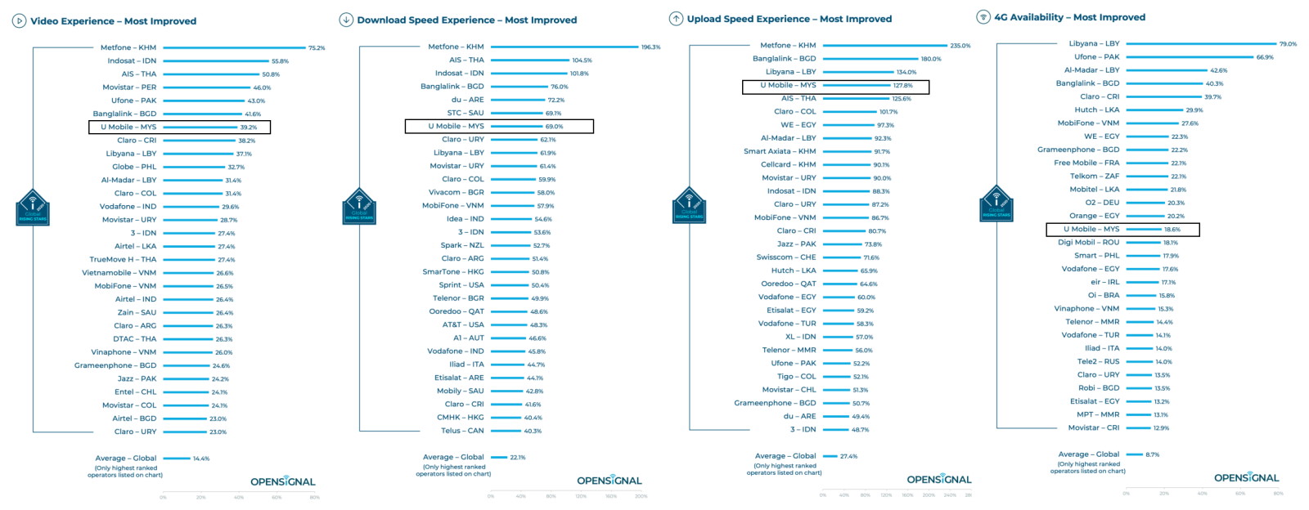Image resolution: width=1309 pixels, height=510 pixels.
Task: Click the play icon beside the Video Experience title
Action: pyautogui.click(x=19, y=21)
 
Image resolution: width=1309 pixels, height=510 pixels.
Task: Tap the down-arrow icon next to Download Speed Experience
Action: pyautogui.click(x=346, y=20)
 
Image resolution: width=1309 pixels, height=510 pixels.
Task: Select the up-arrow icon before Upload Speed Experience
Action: pyautogui.click(x=676, y=19)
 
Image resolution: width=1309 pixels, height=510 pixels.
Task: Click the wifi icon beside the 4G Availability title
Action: pyautogui.click(x=983, y=17)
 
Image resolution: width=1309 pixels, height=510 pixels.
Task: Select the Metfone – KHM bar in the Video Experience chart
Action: pyautogui.click(x=233, y=47)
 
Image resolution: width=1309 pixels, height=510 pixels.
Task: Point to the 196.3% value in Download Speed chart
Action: pyautogui.click(x=650, y=47)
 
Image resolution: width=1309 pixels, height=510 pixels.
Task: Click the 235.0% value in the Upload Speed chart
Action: pyautogui.click(x=960, y=46)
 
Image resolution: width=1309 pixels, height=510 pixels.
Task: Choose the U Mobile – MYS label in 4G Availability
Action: pyautogui.click(x=1091, y=230)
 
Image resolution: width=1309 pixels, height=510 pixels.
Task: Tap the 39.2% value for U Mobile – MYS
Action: pyautogui.click(x=248, y=127)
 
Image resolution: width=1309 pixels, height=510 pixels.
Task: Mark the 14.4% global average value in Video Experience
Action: pyautogui.click(x=201, y=459)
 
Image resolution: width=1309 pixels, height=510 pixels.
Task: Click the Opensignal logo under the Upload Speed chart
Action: pyautogui.click(x=939, y=480)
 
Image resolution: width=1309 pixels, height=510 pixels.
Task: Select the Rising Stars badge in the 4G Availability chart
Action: pyautogui.click(x=996, y=204)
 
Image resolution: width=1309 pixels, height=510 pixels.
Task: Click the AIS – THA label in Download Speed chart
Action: pyautogui.click(x=466, y=60)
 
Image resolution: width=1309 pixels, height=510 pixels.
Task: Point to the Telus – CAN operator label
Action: pyautogui.click(x=462, y=431)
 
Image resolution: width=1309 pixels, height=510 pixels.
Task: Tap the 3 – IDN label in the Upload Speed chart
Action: pyautogui.click(x=803, y=429)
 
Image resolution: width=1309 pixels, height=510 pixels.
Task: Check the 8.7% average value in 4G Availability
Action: pyautogui.click(x=1152, y=454)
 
